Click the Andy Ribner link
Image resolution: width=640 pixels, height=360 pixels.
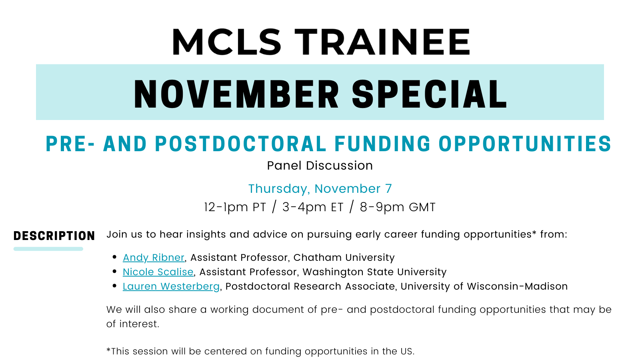[x=154, y=258]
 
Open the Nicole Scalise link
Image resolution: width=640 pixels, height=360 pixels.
[x=158, y=272]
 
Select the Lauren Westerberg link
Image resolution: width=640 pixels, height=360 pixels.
[x=171, y=286]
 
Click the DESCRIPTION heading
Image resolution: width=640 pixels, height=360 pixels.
[x=54, y=236]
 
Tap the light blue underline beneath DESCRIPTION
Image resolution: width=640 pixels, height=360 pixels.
[x=48, y=249]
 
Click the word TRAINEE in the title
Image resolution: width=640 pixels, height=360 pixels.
[x=382, y=42]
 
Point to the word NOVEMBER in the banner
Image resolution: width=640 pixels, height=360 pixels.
[x=236, y=94]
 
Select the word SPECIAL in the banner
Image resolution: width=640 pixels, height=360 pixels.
[x=429, y=94]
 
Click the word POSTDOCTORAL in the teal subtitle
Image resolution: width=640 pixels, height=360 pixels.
[x=240, y=144]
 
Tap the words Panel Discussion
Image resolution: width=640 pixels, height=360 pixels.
[x=320, y=166]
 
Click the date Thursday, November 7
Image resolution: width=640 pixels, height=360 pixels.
[x=320, y=188]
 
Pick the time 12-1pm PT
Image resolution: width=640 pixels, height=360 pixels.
[x=235, y=207]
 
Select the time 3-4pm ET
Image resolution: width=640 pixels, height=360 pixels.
[x=313, y=207]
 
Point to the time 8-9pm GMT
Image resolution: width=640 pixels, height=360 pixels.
[x=398, y=207]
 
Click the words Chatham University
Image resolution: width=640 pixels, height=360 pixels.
[x=344, y=258]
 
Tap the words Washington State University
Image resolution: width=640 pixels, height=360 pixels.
[x=374, y=272]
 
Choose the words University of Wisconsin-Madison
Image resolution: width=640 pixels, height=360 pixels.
[x=484, y=286]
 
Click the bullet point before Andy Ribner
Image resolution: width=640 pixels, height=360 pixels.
[x=114, y=257]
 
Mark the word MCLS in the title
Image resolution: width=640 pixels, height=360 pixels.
[x=226, y=42]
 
